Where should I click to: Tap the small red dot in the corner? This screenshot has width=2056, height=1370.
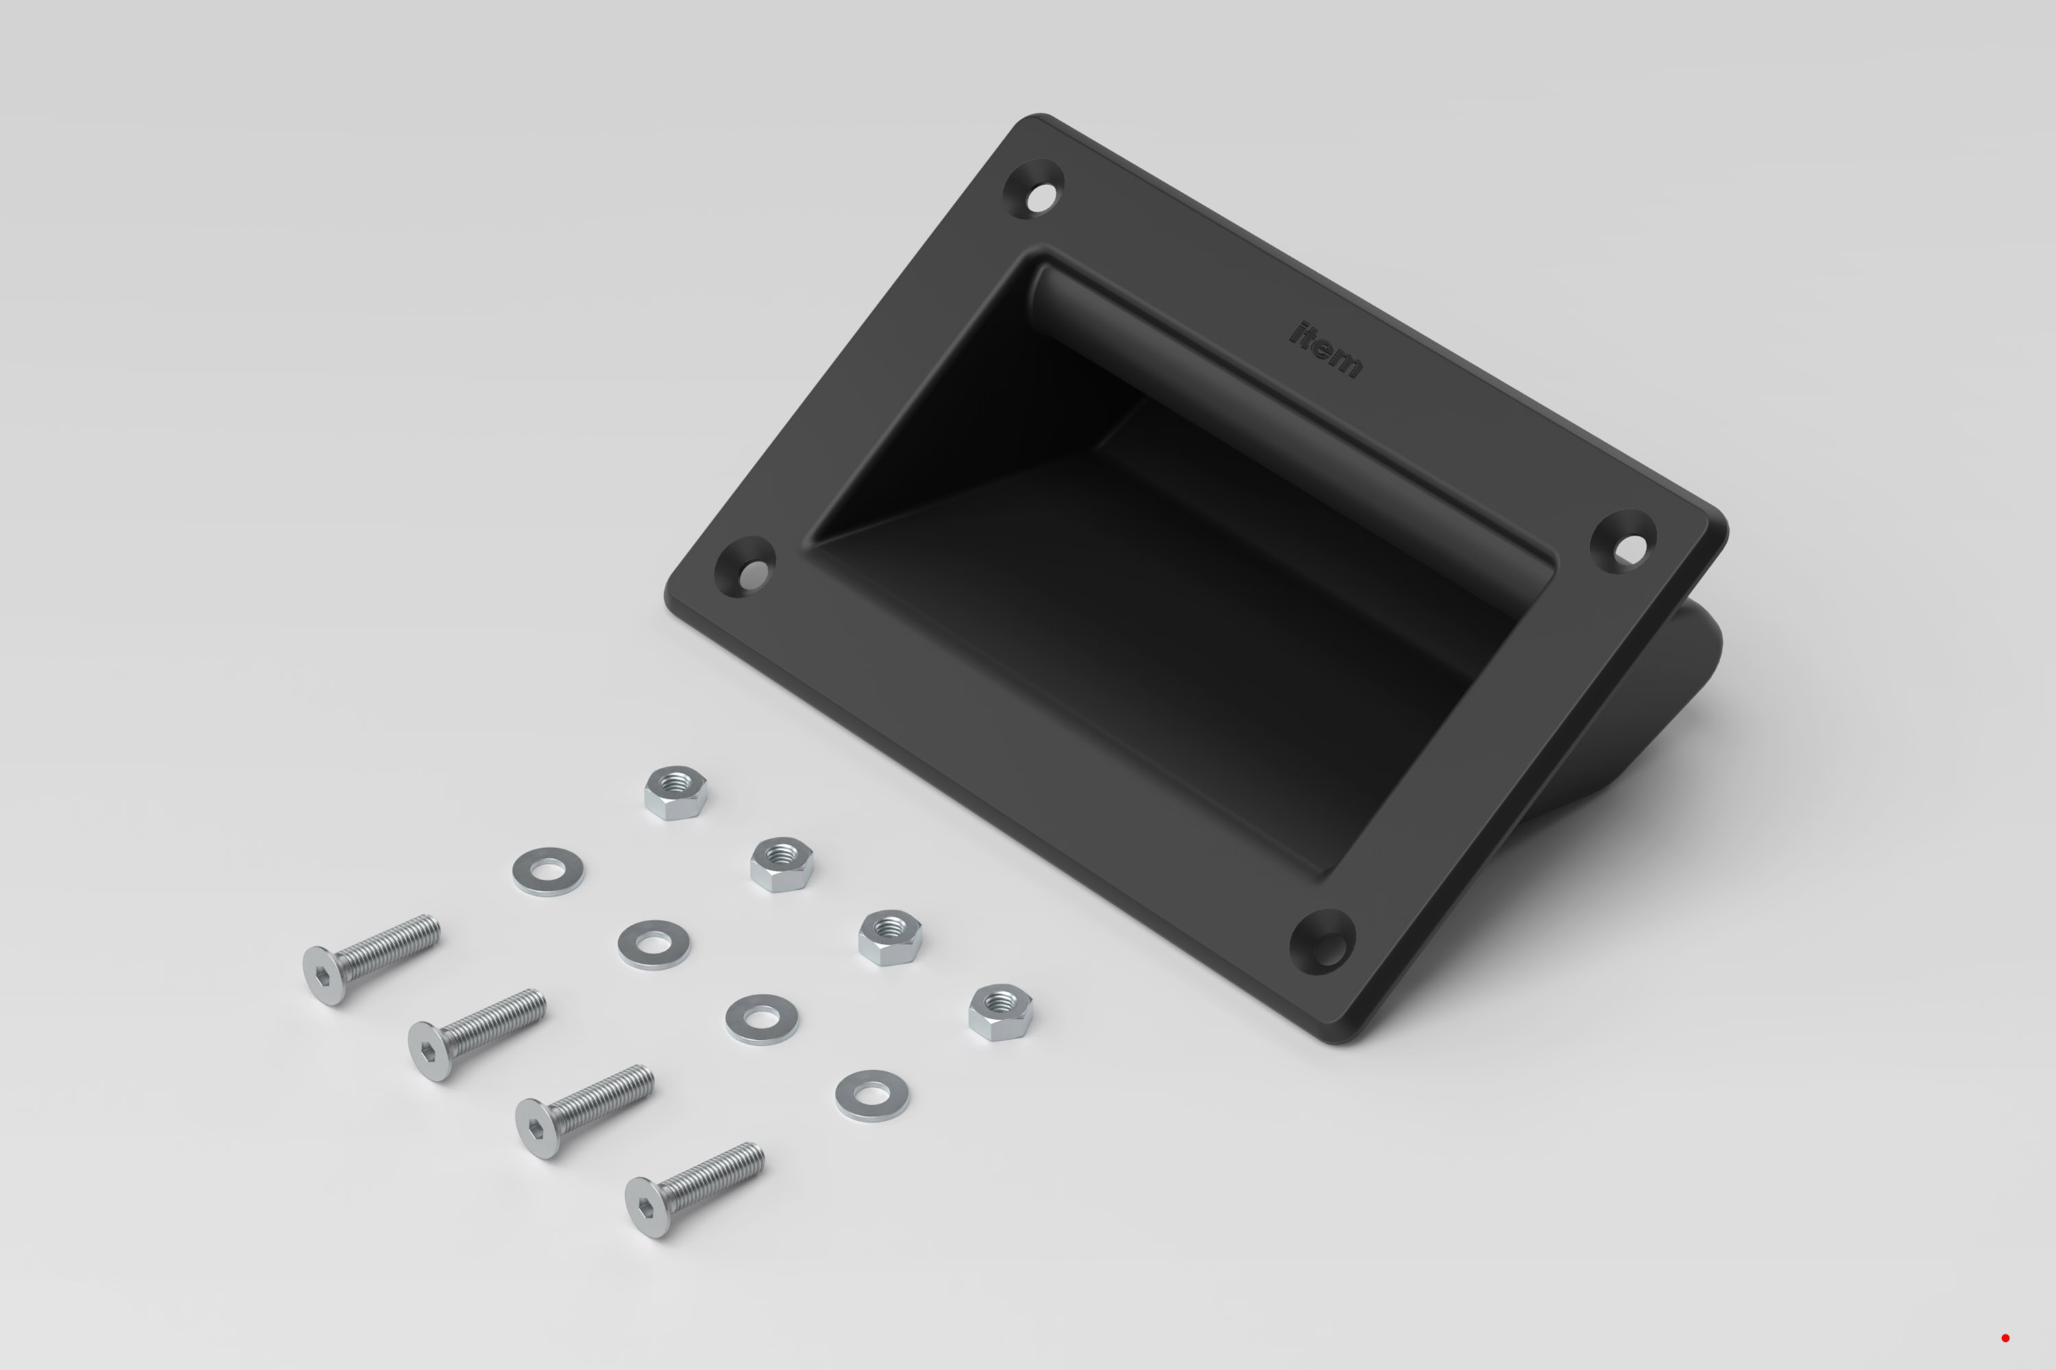[x=2005, y=1338]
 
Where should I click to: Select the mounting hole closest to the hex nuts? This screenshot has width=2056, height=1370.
[x=1323, y=942]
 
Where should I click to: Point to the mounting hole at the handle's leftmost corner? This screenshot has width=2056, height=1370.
[x=745, y=566]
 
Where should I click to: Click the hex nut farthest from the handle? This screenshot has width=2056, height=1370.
[x=676, y=793]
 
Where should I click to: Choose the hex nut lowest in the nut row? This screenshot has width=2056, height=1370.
[x=1001, y=1012]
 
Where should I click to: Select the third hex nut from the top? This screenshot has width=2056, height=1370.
[x=890, y=938]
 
